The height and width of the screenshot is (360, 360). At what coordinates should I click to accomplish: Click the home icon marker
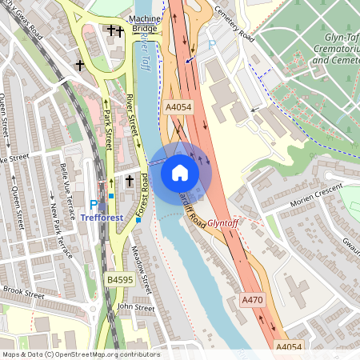point(179,172)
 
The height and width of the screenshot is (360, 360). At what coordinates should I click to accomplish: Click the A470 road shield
point(252,299)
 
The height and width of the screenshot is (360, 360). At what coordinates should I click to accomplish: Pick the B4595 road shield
point(120,280)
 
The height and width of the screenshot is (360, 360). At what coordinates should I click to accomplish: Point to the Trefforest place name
point(114,215)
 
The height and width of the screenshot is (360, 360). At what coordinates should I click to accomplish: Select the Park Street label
point(107,129)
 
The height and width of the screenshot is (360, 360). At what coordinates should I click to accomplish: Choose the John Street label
point(135,307)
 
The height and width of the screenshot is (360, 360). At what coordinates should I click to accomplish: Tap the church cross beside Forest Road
point(129,182)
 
